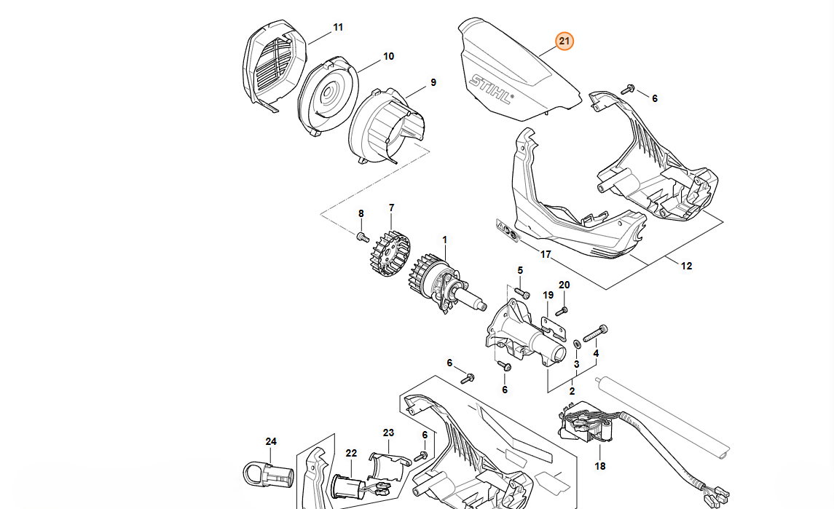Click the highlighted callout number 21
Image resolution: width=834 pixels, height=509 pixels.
tap(564, 42)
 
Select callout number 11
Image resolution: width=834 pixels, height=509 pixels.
tap(338, 28)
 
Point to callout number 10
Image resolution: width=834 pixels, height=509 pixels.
tap(388, 56)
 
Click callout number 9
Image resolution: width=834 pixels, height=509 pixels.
tap(433, 82)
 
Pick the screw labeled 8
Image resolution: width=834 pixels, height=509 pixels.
tap(361, 237)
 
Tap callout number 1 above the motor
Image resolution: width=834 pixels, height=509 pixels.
tap(445, 240)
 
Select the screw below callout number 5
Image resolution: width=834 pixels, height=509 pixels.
tap(522, 293)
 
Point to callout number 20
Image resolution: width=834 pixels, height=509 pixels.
tap(564, 285)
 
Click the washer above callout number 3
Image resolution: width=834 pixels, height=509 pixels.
tap(578, 341)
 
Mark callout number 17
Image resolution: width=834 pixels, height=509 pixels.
tap(546, 254)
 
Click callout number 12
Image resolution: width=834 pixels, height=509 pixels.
tap(686, 266)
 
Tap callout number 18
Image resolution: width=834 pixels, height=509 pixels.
tap(600, 466)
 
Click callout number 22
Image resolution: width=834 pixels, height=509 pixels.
tap(351, 453)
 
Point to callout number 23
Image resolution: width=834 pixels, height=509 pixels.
tap(388, 433)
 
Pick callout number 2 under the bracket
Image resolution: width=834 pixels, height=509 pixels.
tap(572, 391)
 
